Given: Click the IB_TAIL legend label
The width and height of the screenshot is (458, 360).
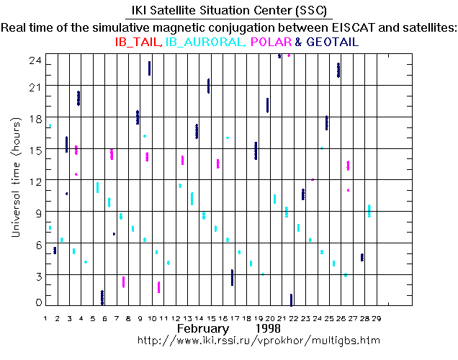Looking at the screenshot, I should pos(138,42).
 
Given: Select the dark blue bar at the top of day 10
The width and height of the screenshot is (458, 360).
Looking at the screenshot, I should pos(149,68).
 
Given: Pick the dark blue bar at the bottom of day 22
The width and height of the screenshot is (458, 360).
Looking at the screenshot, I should pos(291,300).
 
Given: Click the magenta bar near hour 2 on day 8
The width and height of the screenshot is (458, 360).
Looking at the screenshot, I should pos(124,282).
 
